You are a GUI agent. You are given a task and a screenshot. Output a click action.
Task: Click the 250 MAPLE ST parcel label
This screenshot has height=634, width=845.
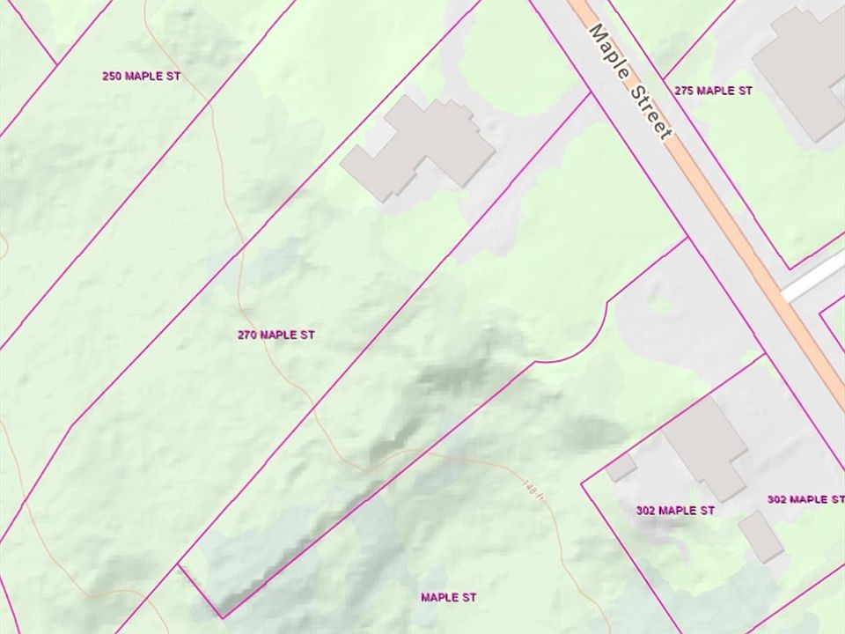click(141, 77)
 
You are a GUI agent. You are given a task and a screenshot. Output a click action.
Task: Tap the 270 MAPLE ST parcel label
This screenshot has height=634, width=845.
click(276, 335)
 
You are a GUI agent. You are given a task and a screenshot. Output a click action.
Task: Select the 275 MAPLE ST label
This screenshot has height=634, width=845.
click(713, 91)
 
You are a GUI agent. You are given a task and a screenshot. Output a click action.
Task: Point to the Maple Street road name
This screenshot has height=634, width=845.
click(631, 80)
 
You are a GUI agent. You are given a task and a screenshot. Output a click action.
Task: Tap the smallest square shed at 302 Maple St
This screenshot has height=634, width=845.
click(621, 468)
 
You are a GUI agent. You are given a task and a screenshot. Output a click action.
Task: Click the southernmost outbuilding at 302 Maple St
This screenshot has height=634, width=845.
click(761, 536)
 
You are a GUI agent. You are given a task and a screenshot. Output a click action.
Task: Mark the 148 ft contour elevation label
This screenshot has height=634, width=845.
click(529, 486)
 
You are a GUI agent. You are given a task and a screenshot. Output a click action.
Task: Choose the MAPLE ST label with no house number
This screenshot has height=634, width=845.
click(448, 598)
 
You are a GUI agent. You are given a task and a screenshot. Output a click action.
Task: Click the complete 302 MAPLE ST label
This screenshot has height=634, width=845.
click(675, 511)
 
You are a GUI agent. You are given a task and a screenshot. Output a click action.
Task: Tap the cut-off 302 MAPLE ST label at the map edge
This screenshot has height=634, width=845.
click(805, 500)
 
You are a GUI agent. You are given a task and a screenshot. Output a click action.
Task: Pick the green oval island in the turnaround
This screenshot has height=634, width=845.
click(660, 304)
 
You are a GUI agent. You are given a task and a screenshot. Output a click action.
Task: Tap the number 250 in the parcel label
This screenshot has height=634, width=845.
click(111, 77)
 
